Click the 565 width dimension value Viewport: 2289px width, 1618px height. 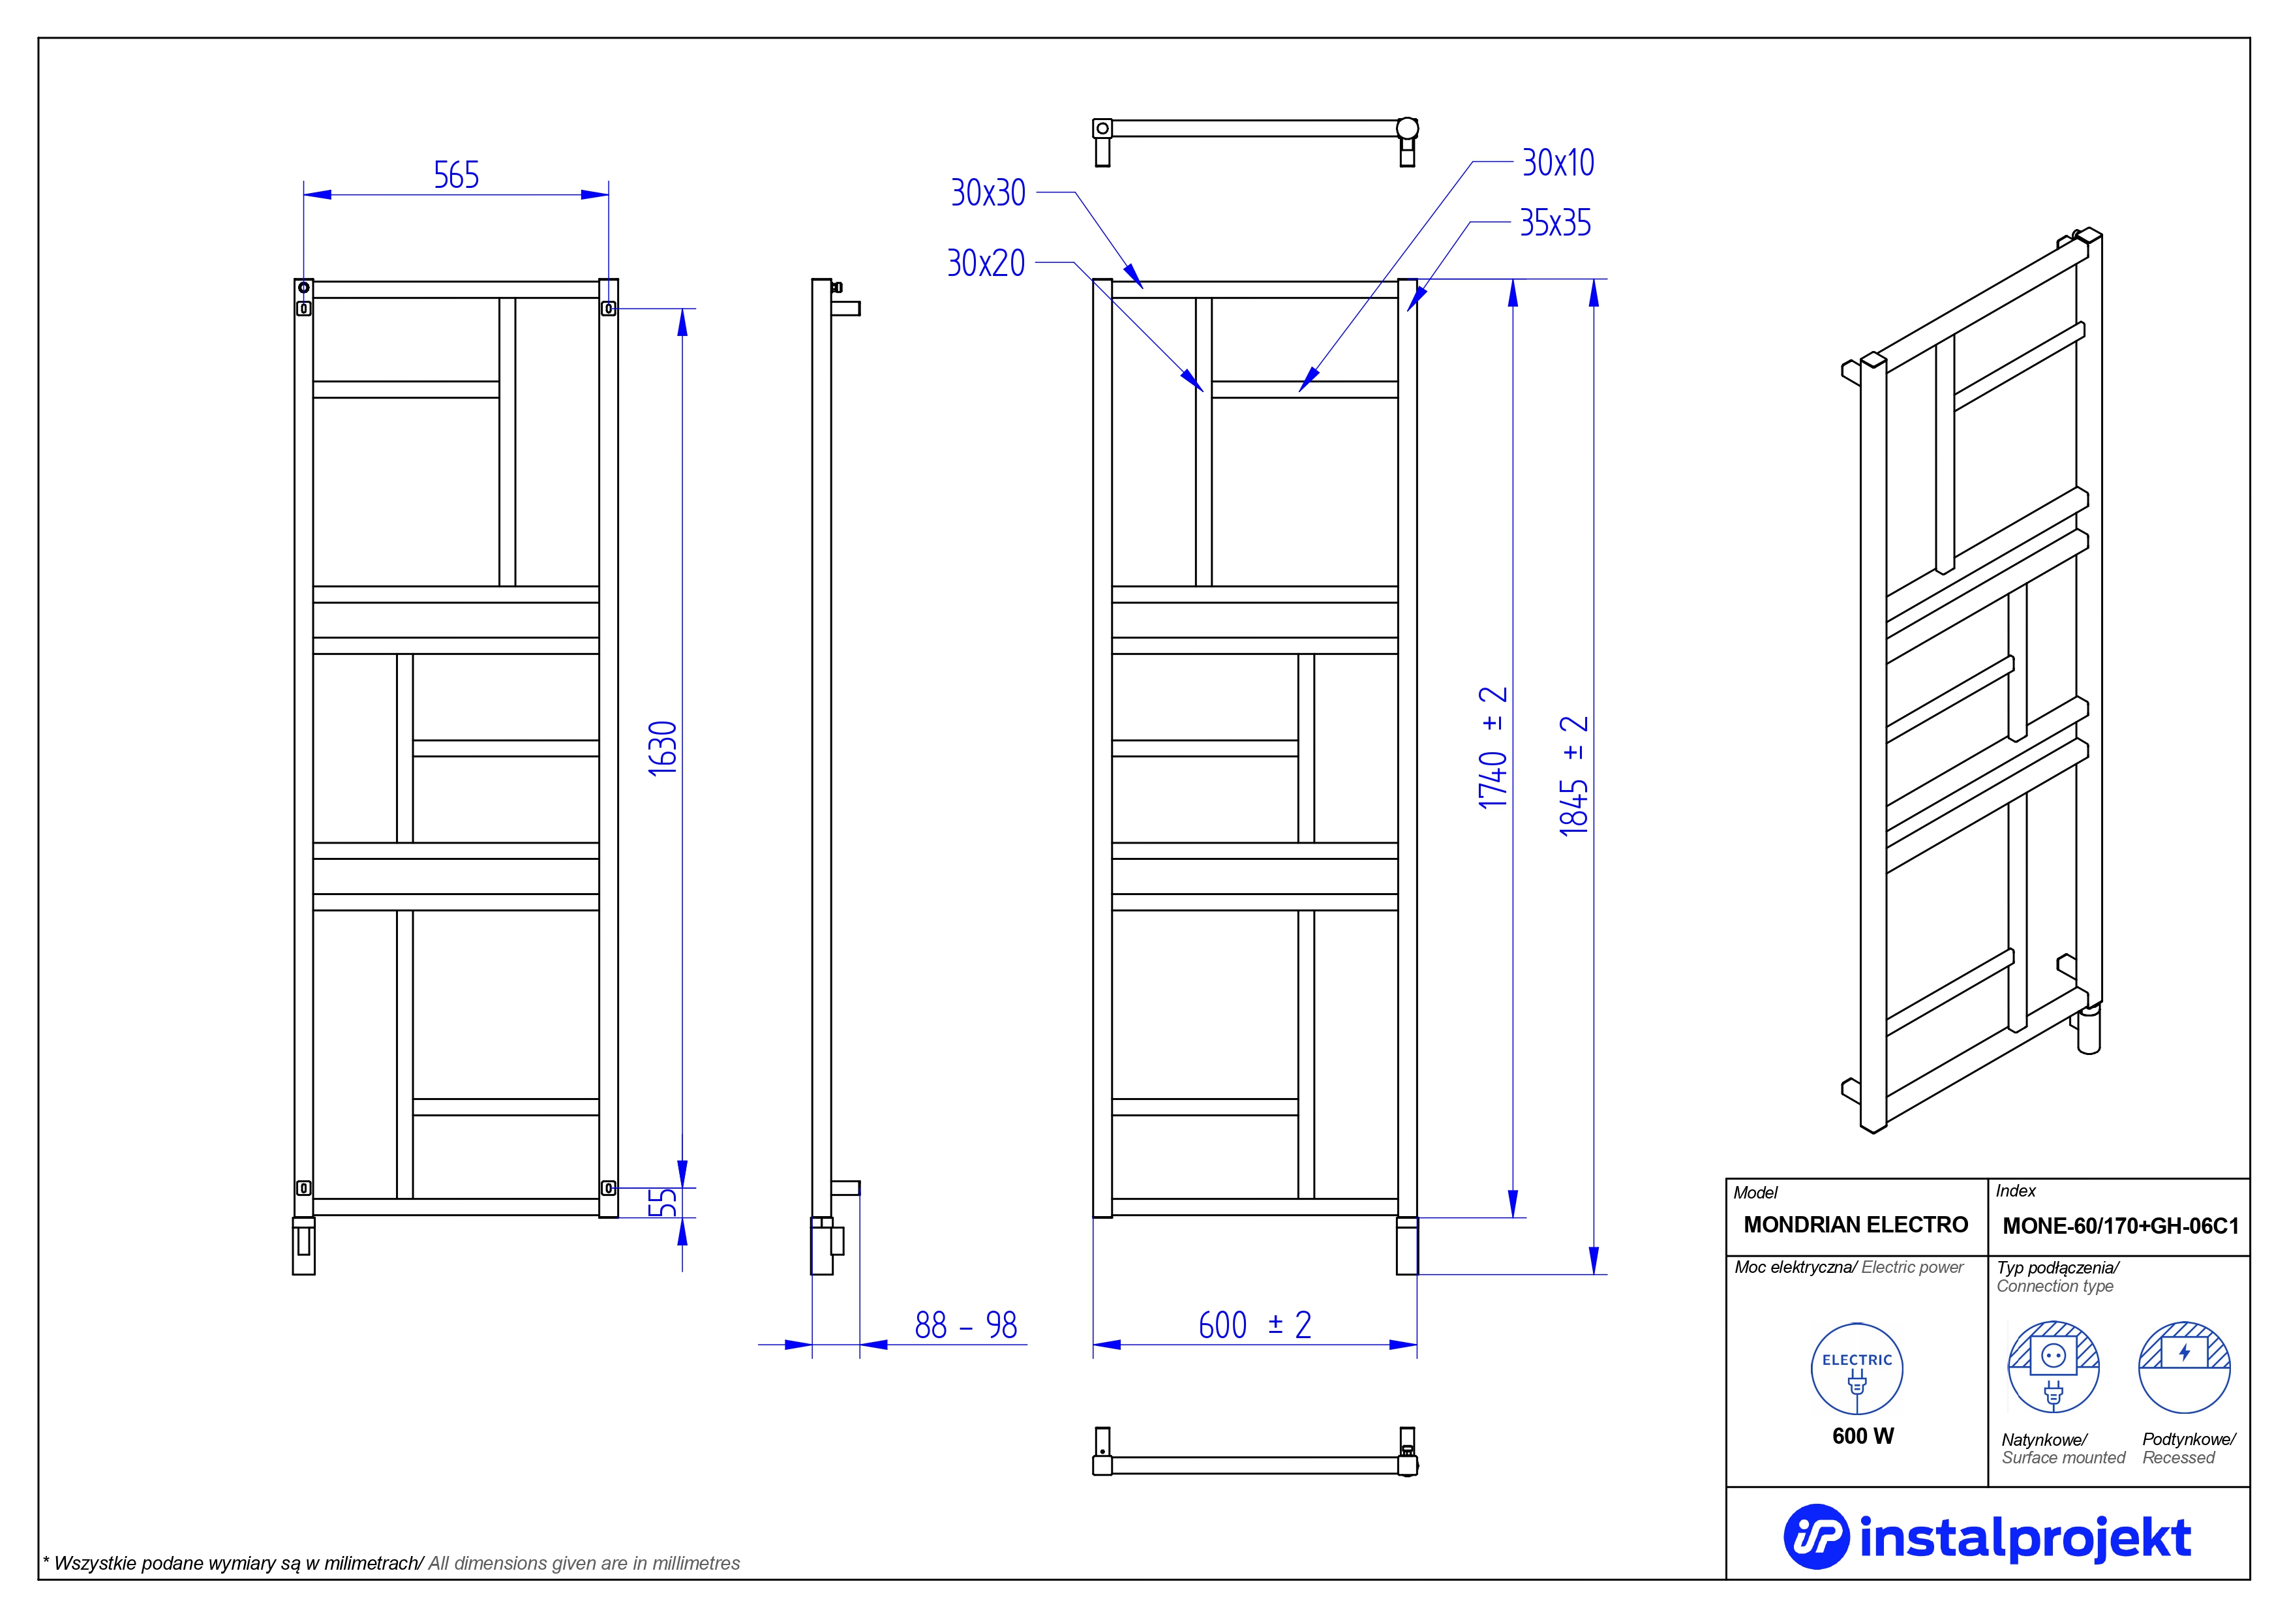click(457, 176)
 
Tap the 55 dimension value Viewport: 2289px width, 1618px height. click(663, 1202)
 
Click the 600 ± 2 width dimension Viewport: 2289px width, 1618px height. click(1254, 1325)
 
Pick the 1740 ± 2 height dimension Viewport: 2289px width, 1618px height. click(1493, 748)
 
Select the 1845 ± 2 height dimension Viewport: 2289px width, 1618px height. click(1573, 776)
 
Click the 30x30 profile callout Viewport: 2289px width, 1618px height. click(988, 192)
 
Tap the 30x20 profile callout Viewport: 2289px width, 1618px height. click(986, 263)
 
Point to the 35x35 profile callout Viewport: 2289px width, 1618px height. click(1555, 223)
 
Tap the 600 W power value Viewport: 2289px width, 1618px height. click(1863, 1435)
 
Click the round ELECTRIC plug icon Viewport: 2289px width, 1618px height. click(1857, 1369)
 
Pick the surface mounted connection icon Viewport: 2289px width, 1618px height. click(2054, 1367)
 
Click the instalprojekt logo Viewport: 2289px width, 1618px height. click(1987, 1537)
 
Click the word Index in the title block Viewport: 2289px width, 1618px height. click(2016, 1190)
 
